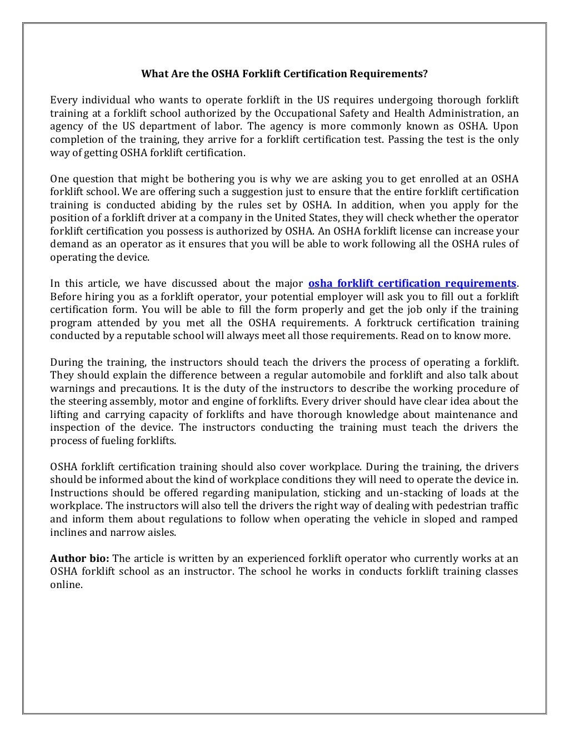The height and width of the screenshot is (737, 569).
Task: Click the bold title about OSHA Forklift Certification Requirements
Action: tap(284, 73)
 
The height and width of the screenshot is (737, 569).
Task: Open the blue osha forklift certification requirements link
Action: tap(412, 283)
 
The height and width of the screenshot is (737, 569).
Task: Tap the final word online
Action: tap(66, 585)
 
